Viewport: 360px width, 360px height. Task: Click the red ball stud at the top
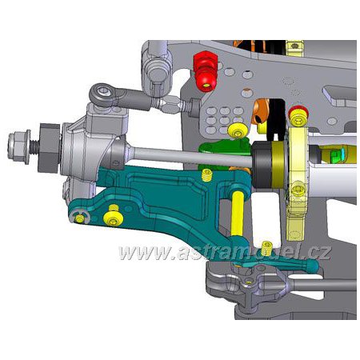(x=206, y=70)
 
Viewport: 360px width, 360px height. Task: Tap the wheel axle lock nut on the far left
(x=19, y=146)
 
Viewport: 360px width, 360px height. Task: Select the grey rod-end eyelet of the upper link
(x=102, y=94)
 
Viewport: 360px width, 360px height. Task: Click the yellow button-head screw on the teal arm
(x=114, y=218)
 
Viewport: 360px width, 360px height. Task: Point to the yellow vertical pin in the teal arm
(x=237, y=214)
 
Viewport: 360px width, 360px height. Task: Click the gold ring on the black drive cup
(x=280, y=164)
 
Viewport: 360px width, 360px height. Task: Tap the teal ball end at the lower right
(x=313, y=266)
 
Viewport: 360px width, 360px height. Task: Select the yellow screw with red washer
(x=298, y=116)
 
